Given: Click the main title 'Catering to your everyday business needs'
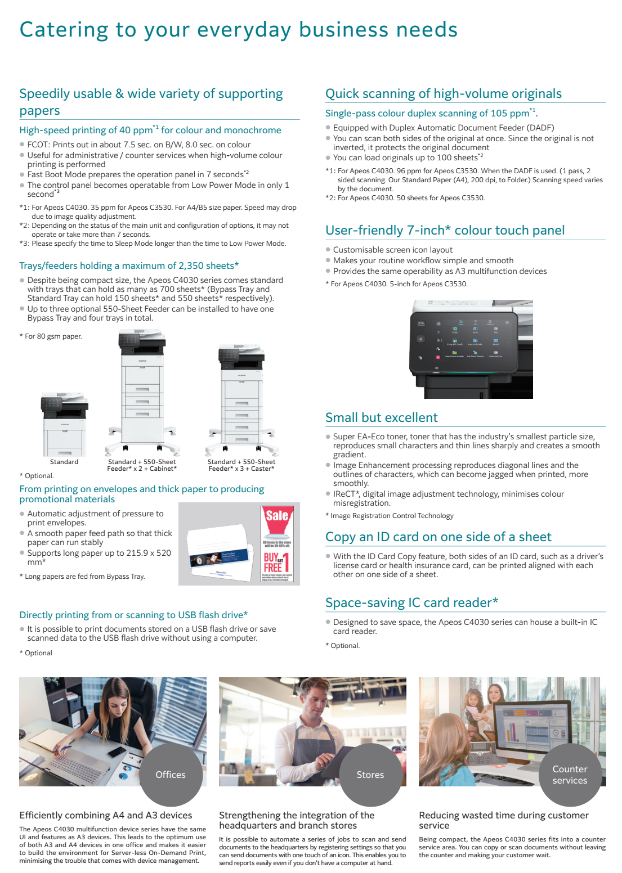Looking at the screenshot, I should coord(238,30).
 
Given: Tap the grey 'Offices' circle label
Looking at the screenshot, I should coord(171,775).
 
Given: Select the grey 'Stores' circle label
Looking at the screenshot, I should coord(370,775).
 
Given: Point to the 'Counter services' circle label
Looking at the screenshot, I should coord(570,775).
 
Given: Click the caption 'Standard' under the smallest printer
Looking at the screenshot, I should coord(64,462).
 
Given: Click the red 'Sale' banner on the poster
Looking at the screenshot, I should coord(277,516).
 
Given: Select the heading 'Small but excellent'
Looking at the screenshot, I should coord(381,417).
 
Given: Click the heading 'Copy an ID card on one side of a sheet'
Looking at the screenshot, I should coord(438,537).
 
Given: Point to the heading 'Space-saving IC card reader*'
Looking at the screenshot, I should coord(411,602).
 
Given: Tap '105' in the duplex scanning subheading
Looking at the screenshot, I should coord(499,113).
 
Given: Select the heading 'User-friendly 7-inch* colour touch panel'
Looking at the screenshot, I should coord(445,230).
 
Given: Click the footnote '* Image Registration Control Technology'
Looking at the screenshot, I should coord(389,516).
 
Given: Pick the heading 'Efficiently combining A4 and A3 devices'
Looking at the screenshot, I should coord(106,815).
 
